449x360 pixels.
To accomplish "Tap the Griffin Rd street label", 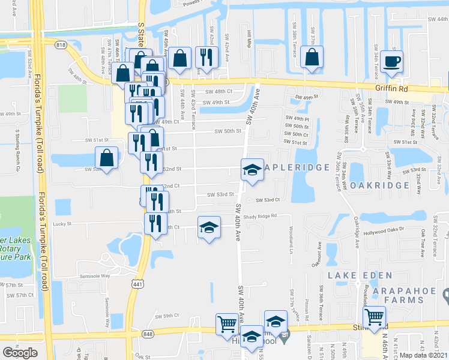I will point(392,88).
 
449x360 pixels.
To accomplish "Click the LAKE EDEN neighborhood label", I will point(360,275).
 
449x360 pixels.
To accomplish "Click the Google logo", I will point(20,353).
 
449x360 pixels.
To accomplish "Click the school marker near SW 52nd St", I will point(252,170).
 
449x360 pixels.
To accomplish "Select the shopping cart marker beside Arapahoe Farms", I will point(374,316).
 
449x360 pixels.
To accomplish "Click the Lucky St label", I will point(62,224).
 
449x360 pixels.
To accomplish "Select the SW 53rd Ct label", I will point(268,200).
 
